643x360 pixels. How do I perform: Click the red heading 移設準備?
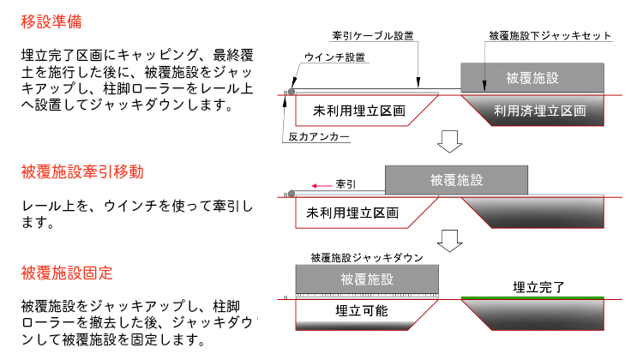(x=53, y=19)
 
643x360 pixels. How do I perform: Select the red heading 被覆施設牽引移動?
(x=81, y=172)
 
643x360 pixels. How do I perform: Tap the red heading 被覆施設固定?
(x=67, y=273)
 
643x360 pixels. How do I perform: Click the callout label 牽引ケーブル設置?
(x=372, y=37)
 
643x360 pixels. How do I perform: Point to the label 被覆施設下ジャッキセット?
(x=549, y=37)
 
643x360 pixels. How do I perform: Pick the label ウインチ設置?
(x=335, y=57)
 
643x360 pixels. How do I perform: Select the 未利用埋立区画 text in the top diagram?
(x=358, y=111)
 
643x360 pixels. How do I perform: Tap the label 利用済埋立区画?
(x=539, y=111)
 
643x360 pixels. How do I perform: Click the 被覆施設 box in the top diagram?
(x=532, y=78)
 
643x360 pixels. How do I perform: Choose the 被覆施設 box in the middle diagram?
(x=456, y=180)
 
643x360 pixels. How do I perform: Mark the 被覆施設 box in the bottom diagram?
(x=367, y=279)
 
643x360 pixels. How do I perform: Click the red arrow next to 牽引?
(x=321, y=184)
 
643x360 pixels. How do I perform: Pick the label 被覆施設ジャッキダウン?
(x=367, y=256)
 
